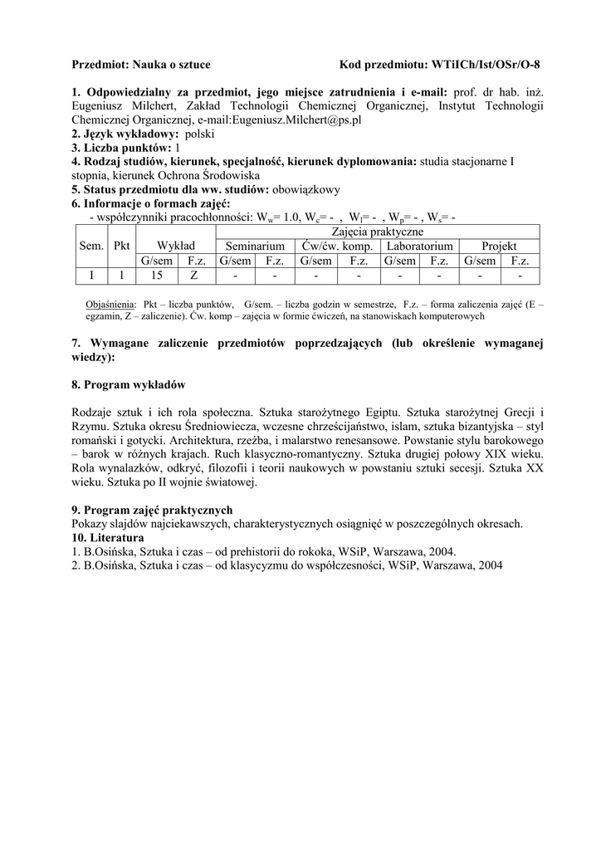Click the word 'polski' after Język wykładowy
pyautogui.click(x=200, y=134)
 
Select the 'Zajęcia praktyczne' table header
pyautogui.click(x=377, y=232)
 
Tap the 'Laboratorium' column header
pyautogui.click(x=418, y=247)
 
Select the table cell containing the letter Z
pyautogui.click(x=194, y=276)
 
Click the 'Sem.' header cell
pyautogui.click(x=91, y=246)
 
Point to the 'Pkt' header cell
pyautogui.click(x=121, y=246)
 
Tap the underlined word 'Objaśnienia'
pyautogui.click(x=111, y=305)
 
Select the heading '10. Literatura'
pyautogui.click(x=109, y=537)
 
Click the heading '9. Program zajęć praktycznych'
pyautogui.click(x=152, y=510)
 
